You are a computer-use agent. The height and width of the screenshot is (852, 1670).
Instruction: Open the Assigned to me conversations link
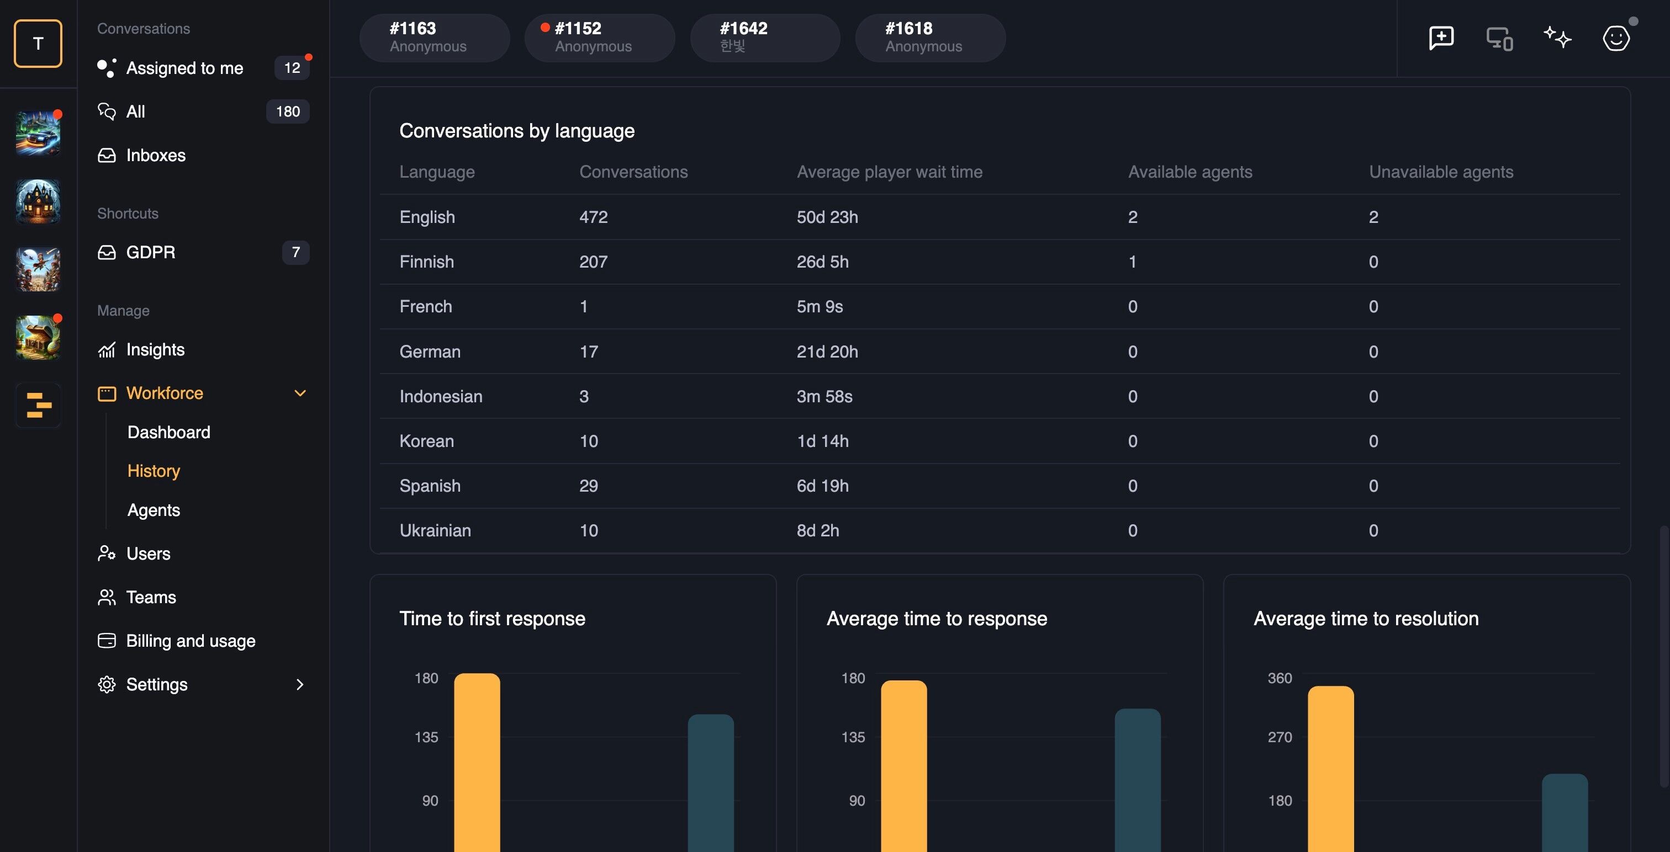(185, 68)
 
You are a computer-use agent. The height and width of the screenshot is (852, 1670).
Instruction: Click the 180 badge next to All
(288, 111)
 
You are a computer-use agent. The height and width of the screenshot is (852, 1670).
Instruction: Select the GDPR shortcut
(150, 252)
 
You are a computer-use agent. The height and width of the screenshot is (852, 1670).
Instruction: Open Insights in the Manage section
(155, 350)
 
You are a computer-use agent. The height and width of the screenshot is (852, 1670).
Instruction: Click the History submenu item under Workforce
(154, 471)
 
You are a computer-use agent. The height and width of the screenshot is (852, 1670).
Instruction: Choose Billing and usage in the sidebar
(191, 641)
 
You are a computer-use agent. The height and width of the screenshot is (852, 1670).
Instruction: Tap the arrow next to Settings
(299, 685)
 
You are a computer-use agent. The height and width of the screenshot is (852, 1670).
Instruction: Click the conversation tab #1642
(765, 38)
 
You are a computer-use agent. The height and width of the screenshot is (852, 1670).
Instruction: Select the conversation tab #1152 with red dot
(600, 38)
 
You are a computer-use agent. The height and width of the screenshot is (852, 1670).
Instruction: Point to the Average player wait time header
(890, 172)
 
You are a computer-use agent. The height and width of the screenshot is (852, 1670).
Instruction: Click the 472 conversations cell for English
(593, 217)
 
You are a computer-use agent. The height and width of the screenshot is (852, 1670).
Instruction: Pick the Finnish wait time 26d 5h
(822, 262)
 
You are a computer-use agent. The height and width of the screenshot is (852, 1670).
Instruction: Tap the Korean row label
(426, 441)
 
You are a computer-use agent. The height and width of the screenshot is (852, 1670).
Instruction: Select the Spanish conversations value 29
(588, 486)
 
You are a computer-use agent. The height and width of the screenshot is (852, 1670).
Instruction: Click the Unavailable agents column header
(1440, 172)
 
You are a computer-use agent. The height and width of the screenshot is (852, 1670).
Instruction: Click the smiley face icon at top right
(1615, 38)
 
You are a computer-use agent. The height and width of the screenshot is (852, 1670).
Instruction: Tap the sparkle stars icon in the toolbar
(1557, 38)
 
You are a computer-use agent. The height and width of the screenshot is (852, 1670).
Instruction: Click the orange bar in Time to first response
(477, 763)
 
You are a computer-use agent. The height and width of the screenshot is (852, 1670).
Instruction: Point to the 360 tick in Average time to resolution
(1279, 678)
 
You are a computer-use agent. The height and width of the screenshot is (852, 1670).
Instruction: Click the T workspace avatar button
(38, 44)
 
